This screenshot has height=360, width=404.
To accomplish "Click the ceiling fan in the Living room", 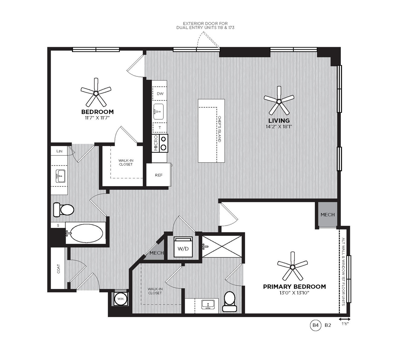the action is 279,102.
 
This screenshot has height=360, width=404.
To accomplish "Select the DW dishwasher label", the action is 160,94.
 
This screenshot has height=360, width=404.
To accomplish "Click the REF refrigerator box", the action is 159,175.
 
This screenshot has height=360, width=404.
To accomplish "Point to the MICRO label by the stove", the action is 156,143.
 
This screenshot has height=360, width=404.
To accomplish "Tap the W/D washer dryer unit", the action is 183,247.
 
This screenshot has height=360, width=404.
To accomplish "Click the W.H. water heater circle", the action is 121,299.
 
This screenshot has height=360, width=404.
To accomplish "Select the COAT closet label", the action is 58,269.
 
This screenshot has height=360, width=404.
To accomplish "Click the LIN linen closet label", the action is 59,151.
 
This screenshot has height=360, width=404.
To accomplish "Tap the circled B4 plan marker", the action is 315,325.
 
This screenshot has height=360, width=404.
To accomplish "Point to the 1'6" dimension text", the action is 345,329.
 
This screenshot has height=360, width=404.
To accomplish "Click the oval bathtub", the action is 87,233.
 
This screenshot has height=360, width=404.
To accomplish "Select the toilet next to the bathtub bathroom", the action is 64,209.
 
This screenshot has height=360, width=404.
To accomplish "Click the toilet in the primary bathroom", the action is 230,301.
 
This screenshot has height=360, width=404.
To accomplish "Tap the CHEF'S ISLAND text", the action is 219,129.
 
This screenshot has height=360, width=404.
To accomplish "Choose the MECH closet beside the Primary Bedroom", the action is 327,215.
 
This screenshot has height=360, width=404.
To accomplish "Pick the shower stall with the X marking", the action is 222,246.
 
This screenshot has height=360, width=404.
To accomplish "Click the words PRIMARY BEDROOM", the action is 294,287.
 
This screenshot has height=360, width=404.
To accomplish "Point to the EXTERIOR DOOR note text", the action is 205,25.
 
